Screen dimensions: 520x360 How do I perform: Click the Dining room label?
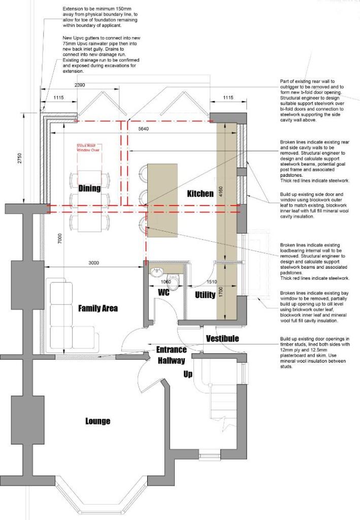click(89, 188)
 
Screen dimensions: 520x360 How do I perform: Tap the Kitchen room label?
click(200, 194)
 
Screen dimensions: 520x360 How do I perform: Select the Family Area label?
click(98, 308)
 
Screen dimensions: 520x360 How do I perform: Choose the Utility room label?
click(205, 295)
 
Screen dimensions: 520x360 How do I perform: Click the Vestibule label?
click(222, 338)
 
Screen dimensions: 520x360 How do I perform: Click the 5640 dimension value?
click(144, 129)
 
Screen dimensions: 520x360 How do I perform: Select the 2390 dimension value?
click(80, 85)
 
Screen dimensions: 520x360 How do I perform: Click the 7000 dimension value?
click(59, 237)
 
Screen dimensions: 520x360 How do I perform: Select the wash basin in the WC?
click(155, 272)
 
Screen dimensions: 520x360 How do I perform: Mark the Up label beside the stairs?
click(187, 375)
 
